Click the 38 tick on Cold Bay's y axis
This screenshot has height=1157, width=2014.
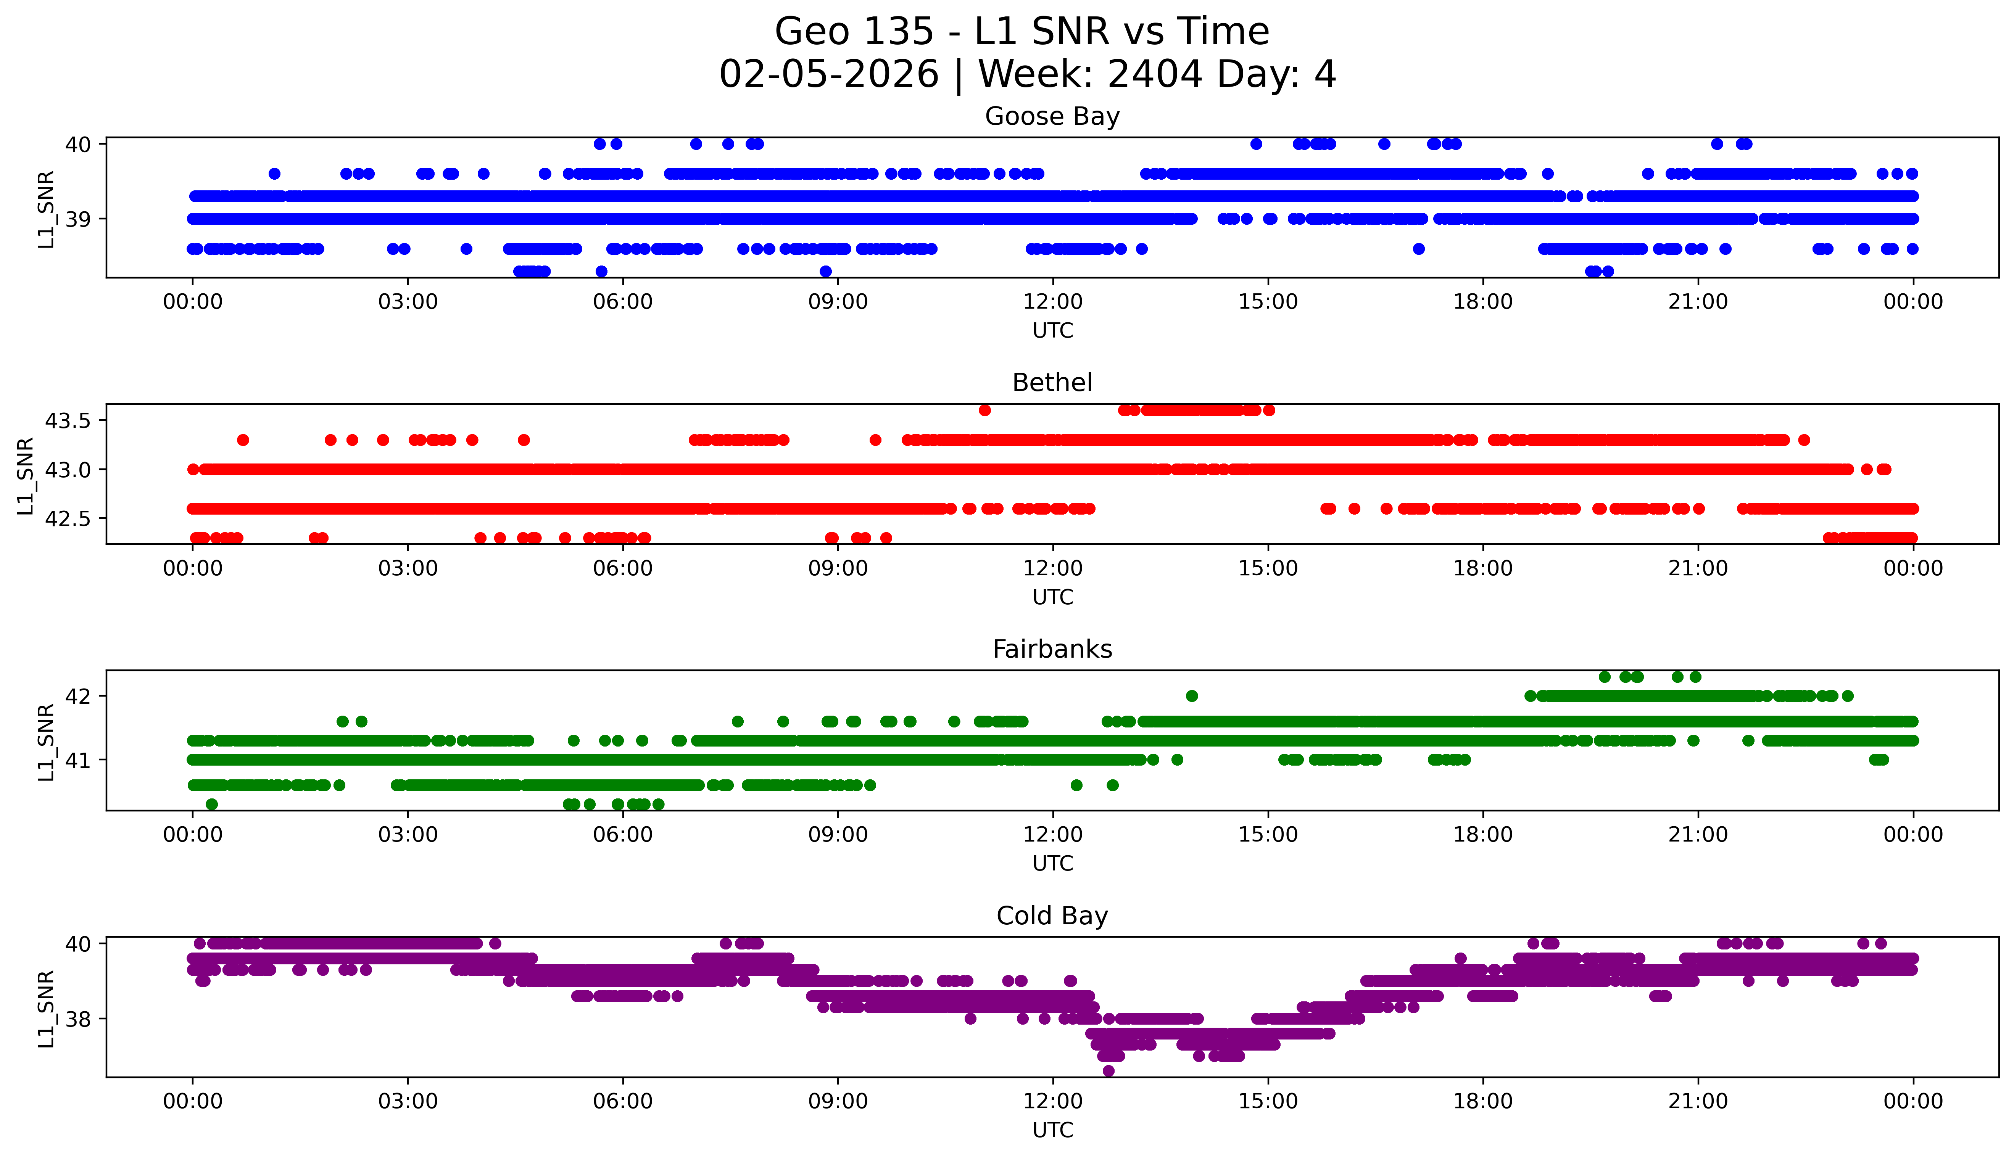click(x=79, y=1020)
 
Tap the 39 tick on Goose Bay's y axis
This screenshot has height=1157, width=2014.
click(x=79, y=219)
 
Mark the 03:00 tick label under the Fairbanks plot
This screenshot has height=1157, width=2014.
click(x=408, y=835)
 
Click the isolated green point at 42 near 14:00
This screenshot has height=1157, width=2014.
click(x=1191, y=696)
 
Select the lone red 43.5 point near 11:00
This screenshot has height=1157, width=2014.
click(x=985, y=410)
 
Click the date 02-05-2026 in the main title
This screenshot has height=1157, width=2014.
click(x=829, y=75)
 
